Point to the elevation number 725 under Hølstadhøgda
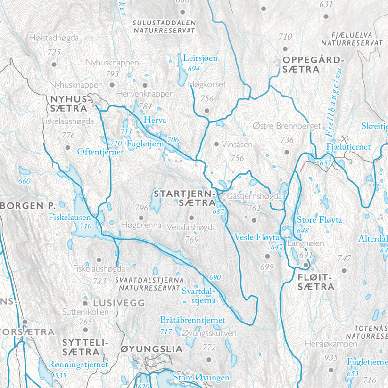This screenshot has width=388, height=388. pos(54,52)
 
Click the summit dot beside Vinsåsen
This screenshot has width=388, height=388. pos(216,145)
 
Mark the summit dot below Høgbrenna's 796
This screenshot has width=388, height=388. pos(141,217)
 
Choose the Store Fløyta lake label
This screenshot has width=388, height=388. pos(319,220)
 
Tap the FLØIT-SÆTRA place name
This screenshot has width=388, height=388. pos(315,282)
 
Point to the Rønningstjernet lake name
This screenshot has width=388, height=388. pos(78,364)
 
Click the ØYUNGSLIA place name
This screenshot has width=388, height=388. pos(151,349)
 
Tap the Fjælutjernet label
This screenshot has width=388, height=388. pos(348,147)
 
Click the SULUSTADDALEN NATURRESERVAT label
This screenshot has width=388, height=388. pos(164,26)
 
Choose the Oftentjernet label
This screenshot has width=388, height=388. pos(100,152)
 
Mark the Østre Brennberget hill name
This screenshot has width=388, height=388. pos(287,126)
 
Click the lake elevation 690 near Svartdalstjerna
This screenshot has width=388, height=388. pos(215,277)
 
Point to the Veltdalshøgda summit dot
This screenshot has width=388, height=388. pos(191,218)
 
